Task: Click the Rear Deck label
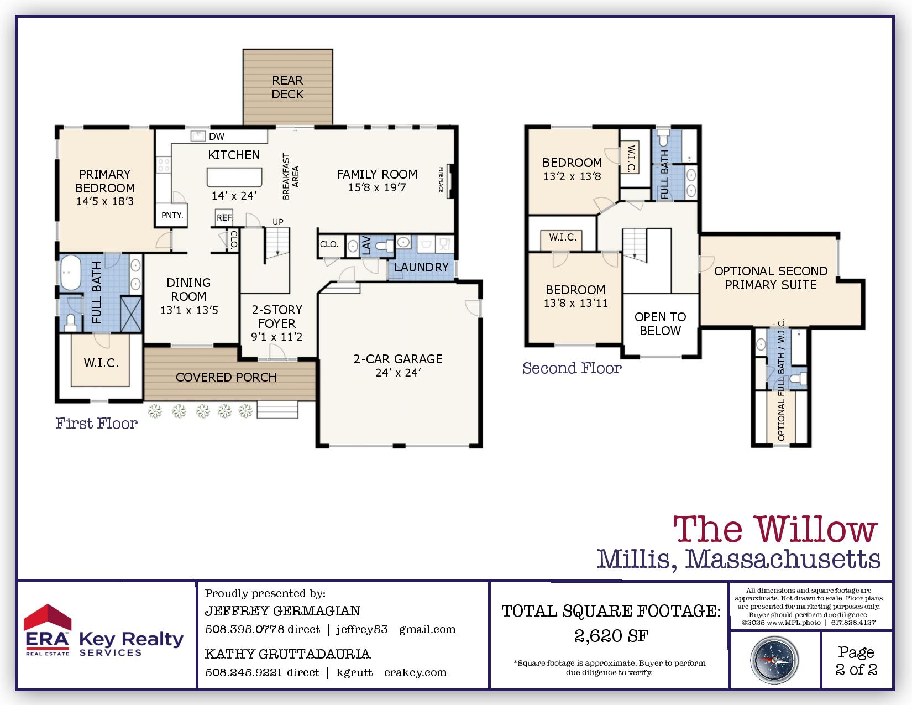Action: coord(287,87)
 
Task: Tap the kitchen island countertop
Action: coord(234,177)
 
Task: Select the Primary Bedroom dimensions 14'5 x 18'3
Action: coord(105,201)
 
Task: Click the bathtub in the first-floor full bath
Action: coord(71,273)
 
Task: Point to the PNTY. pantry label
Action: coord(172,216)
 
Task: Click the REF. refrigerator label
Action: coord(224,218)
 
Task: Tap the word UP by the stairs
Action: coord(278,222)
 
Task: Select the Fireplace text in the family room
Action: coord(441,180)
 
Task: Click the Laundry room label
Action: coord(421,267)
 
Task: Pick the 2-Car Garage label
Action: coord(398,359)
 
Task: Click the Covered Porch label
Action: coord(226,377)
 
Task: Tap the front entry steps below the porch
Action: coord(277,410)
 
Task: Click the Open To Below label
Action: coord(660,323)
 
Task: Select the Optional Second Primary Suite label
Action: coord(771,278)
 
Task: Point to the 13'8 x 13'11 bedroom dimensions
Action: coord(575,303)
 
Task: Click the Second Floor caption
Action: coord(572,368)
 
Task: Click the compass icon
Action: coord(774,660)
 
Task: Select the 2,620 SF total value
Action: coord(611,636)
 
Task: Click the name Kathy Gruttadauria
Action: coord(287,654)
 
